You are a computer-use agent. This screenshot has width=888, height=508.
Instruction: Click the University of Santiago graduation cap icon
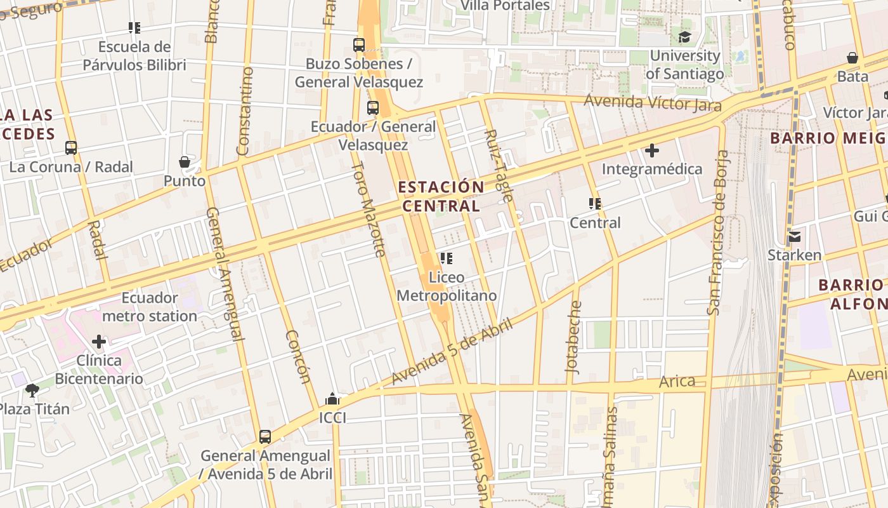point(684,37)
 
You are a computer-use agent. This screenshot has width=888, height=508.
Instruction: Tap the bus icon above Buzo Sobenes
point(359,45)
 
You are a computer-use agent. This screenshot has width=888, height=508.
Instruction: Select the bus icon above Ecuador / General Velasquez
point(373,108)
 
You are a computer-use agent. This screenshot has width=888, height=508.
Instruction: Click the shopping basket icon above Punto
point(185,162)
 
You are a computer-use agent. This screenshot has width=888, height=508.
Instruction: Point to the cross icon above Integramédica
point(651,150)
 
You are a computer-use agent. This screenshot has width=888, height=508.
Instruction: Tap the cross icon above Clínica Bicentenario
point(98,342)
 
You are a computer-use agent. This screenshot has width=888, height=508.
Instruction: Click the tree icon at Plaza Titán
point(32,390)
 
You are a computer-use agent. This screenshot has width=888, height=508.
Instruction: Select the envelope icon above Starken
point(795,237)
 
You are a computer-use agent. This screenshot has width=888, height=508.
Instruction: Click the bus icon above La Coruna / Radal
point(71,148)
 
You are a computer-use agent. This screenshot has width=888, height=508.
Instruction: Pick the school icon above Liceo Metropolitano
point(446,258)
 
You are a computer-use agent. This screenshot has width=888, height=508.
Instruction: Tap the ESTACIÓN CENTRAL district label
point(441,196)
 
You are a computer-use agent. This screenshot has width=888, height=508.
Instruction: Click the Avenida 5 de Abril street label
point(451,351)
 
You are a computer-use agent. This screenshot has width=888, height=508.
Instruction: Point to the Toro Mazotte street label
point(369,209)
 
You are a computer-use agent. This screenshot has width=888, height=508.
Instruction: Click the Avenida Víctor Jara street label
point(652,103)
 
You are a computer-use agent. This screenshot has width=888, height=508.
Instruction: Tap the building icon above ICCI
point(332,399)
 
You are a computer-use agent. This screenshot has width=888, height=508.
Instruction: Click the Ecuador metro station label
point(150,307)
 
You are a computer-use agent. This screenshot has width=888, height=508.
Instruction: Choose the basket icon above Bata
point(852,58)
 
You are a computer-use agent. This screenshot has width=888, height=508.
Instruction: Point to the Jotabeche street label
point(573,337)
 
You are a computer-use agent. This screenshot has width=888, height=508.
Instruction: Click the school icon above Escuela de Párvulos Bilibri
point(134,28)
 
